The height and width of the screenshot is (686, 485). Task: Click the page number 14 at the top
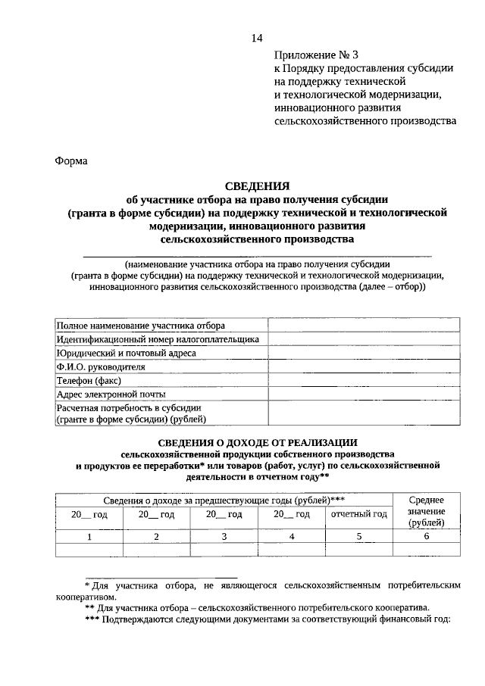point(257,39)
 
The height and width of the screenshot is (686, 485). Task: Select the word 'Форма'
point(72,161)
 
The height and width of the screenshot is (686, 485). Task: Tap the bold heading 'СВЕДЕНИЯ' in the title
point(258,186)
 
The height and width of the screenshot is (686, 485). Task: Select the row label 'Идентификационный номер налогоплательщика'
point(158,339)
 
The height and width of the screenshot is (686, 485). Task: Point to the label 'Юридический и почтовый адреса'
point(127,353)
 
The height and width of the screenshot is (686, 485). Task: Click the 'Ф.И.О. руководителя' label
point(101,367)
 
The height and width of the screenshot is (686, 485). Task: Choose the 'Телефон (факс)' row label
point(89,381)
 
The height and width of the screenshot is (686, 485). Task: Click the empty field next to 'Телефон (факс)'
point(363,381)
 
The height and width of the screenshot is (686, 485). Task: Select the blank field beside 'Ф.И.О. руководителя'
point(363,367)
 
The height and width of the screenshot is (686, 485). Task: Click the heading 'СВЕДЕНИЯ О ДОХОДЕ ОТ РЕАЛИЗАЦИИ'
point(258,442)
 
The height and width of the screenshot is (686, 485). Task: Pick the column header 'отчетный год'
point(359,514)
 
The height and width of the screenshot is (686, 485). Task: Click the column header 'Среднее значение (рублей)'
point(426,511)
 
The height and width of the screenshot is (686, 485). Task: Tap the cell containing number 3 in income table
point(224,537)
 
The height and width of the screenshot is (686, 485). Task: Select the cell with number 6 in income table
point(426,537)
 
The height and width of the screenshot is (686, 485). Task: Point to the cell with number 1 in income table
point(89,537)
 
